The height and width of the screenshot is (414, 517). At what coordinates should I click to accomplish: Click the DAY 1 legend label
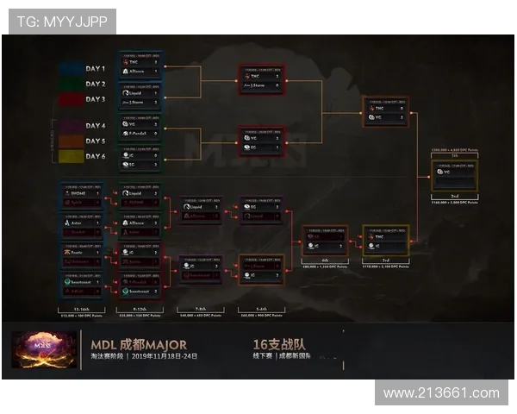point(96,68)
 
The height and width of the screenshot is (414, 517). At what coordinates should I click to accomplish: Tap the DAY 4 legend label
point(96,126)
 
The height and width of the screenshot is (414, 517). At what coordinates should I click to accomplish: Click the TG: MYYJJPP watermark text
point(60,22)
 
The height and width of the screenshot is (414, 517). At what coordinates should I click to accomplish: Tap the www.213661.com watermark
point(441,393)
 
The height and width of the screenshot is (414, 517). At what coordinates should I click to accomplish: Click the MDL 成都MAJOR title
point(138,345)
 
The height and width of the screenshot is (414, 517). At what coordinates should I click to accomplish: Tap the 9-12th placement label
point(139,309)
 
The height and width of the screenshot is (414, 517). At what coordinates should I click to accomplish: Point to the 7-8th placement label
point(200,309)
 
